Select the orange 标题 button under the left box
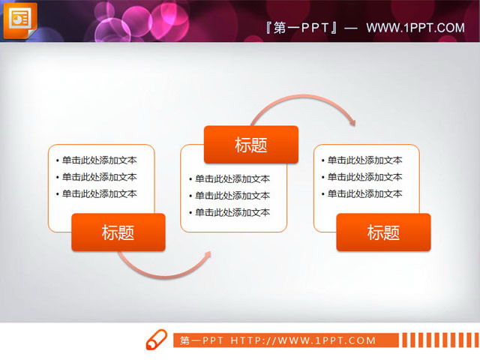118,232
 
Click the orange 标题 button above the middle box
250,145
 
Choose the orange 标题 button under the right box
383,232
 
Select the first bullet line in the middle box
232,179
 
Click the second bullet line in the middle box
232,196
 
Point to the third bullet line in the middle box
232,212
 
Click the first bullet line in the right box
364,160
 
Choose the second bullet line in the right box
364,177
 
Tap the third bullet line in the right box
364,193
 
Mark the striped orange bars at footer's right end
439,340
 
